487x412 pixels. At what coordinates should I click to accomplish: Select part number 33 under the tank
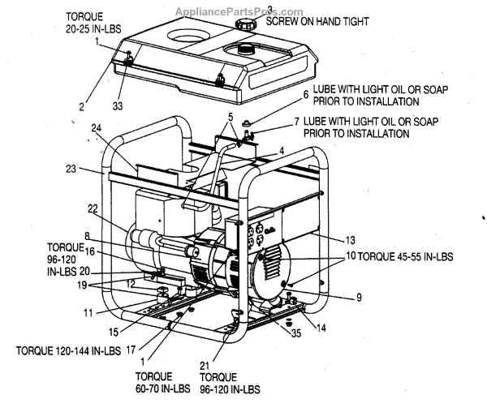pyautogui.click(x=119, y=104)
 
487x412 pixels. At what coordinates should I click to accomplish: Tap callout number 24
pyautogui.click(x=96, y=128)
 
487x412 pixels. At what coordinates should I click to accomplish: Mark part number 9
pyautogui.click(x=358, y=297)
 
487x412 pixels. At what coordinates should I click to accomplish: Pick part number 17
pyautogui.click(x=130, y=350)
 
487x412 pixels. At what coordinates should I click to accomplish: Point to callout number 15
pyautogui.click(x=124, y=331)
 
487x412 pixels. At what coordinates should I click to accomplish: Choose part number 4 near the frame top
pyautogui.click(x=282, y=150)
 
